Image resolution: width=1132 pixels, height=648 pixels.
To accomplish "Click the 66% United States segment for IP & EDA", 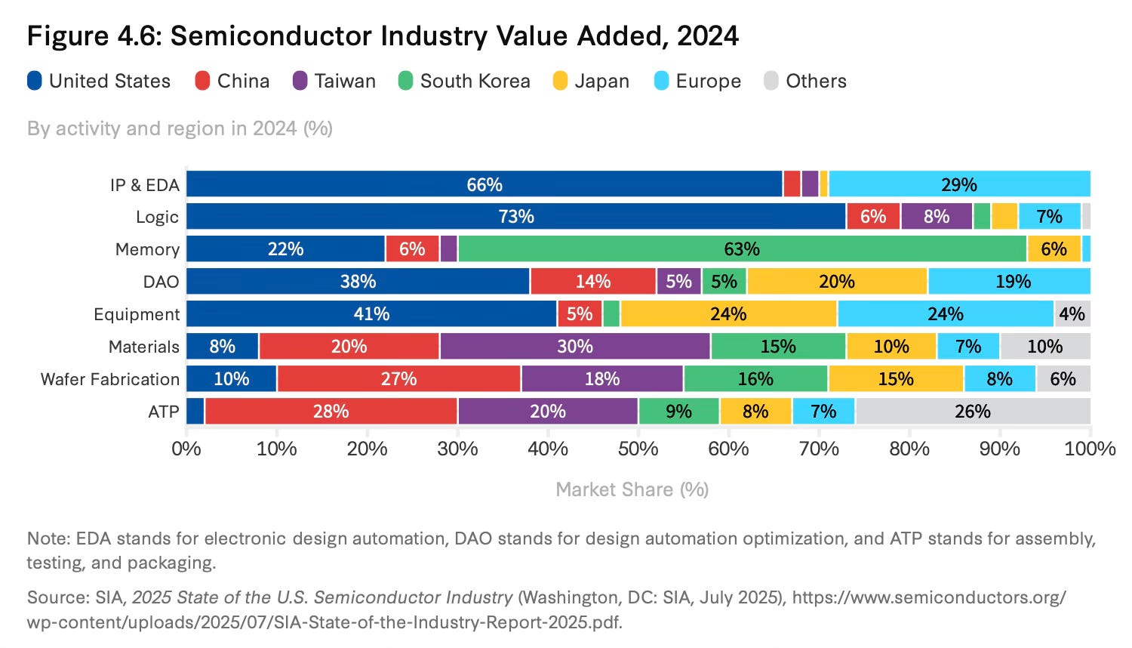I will point(484,184).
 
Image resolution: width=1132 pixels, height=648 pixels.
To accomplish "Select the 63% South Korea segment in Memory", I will point(742,249).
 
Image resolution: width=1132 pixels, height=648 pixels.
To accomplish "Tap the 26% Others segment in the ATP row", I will point(972,412).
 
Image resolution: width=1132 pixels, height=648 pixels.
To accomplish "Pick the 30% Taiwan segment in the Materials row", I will point(575,347).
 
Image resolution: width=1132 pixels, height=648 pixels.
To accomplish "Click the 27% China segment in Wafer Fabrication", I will point(398,379).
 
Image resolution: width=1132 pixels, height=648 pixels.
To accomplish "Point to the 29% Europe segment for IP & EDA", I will point(958,184).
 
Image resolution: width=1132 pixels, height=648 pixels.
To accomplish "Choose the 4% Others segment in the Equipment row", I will point(1072,314).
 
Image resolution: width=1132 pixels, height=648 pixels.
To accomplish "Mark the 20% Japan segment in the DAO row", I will point(837,282).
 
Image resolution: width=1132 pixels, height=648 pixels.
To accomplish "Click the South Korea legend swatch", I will point(406,81).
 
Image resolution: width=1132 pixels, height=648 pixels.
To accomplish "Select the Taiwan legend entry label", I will point(345,81).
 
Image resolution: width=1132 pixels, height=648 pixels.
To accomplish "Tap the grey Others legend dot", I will point(771,81).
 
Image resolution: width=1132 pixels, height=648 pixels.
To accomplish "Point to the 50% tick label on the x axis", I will point(638,449).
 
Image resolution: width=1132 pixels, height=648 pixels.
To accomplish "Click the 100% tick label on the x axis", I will point(1089,449).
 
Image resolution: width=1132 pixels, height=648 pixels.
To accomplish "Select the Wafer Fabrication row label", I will point(110,379).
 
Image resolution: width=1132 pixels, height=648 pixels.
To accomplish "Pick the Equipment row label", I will point(137,314).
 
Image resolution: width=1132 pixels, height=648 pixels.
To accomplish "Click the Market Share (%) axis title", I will point(632,489).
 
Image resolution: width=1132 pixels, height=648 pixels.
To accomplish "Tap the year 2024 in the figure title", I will point(708,36).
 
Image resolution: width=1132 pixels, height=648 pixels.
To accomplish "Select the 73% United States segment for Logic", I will point(516,217).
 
